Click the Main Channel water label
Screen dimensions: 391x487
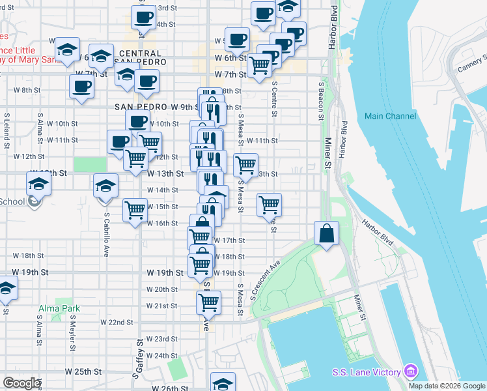[x=390, y=116]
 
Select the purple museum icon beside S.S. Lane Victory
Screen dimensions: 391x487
[x=410, y=371]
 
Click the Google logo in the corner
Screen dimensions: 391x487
[x=21, y=383]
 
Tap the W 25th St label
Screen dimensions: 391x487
[x=83, y=371]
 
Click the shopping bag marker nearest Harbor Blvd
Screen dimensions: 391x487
[x=327, y=233]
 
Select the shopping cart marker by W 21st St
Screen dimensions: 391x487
[x=208, y=301]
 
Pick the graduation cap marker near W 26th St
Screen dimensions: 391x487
[x=223, y=383]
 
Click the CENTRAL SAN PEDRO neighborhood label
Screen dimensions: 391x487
[x=140, y=57]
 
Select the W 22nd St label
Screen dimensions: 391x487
[x=116, y=323]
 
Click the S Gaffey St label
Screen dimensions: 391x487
[x=137, y=358]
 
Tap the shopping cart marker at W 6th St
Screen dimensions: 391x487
[x=260, y=65]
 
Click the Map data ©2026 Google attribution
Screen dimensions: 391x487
[x=447, y=386]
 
